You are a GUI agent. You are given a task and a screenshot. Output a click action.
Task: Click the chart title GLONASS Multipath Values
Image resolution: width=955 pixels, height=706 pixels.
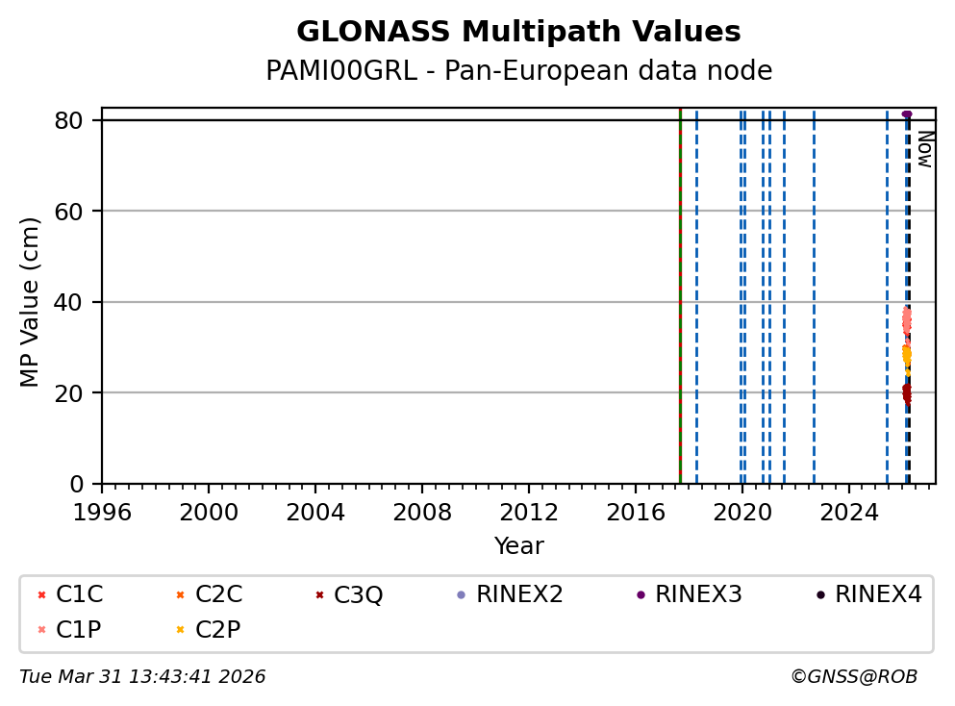pos(518,32)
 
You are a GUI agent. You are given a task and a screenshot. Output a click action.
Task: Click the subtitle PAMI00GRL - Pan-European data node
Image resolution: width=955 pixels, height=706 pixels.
pos(518,71)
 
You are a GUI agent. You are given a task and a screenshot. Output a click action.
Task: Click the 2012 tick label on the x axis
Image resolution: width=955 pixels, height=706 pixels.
pos(529,509)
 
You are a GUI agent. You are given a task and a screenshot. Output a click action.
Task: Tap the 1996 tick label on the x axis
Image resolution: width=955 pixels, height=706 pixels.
pos(102,509)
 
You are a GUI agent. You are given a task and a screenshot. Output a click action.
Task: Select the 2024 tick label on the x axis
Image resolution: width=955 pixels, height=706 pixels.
pos(849,509)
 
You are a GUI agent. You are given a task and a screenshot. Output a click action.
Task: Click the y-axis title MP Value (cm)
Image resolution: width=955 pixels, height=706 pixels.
pos(31,302)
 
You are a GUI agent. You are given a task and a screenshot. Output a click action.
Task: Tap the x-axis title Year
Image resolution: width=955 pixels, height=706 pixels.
pos(518,546)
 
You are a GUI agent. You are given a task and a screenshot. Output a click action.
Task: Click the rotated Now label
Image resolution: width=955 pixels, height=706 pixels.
pos(924,149)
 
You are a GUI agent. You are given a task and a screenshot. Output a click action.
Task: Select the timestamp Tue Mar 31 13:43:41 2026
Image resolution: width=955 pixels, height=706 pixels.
pos(142,677)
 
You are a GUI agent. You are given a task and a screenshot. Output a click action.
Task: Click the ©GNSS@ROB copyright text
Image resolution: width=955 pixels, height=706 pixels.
pos(853,677)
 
